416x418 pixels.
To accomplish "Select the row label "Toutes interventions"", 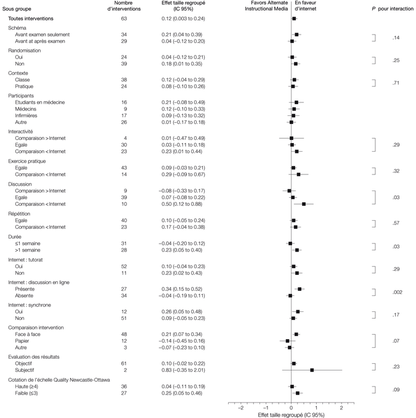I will click(x=35, y=19).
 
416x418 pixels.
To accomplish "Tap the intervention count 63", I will click(x=123, y=19).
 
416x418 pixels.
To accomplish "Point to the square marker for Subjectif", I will click(x=312, y=370).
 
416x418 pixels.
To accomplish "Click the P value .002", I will click(x=397, y=292).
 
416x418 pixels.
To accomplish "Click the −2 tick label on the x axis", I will click(x=240, y=408).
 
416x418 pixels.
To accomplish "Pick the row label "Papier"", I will click(x=23, y=340).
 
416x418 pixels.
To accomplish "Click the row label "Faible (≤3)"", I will click(x=29, y=393).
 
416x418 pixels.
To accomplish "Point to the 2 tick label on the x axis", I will click(x=341, y=408).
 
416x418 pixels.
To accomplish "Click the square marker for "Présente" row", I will click(x=300, y=288).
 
